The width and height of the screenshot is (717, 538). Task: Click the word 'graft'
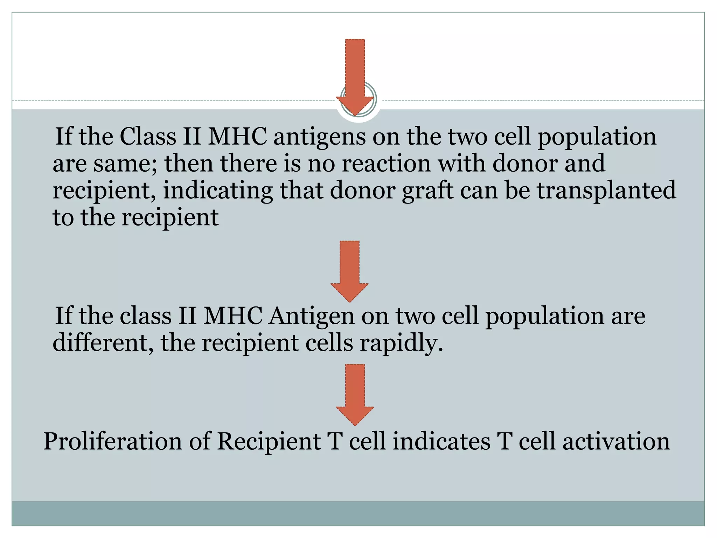click(x=427, y=191)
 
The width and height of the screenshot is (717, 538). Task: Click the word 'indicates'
click(x=441, y=441)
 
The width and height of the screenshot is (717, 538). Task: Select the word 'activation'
click(x=616, y=441)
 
